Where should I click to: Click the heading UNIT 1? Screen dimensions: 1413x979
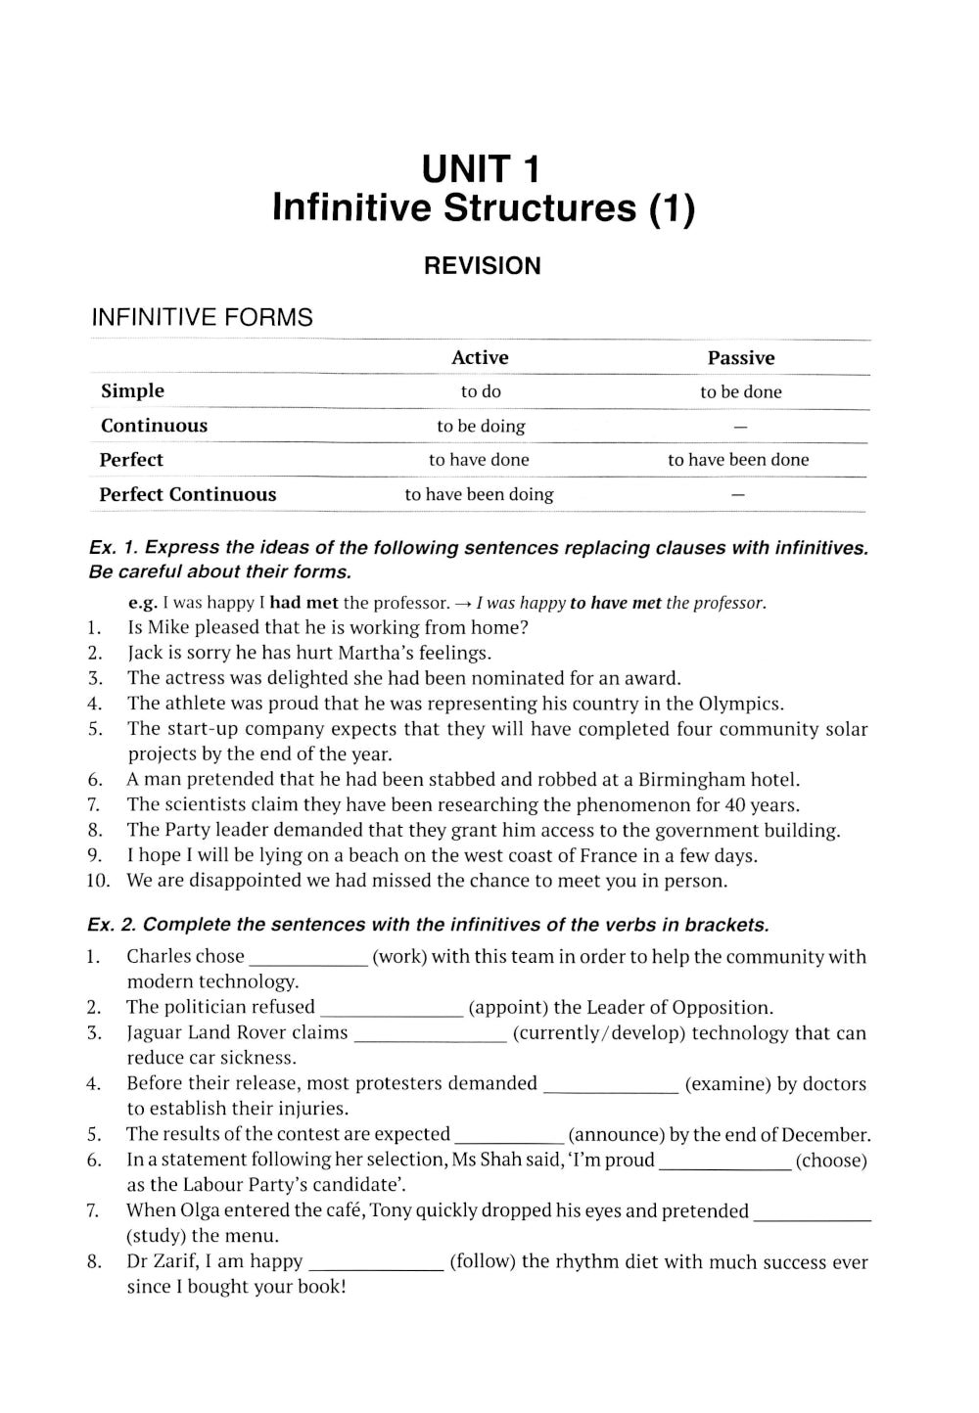[481, 169]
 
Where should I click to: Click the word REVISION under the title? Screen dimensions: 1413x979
[482, 266]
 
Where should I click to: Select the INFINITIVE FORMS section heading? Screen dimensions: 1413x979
[202, 317]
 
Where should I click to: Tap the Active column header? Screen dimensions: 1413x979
[480, 358]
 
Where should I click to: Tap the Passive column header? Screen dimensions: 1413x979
[740, 358]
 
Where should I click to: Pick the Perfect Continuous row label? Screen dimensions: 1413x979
[188, 494]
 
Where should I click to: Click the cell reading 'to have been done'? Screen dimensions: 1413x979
[738, 460]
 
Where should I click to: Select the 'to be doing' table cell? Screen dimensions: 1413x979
[481, 426]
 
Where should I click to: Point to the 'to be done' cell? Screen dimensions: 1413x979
[740, 391]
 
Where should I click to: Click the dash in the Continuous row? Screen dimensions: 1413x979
[740, 427]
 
